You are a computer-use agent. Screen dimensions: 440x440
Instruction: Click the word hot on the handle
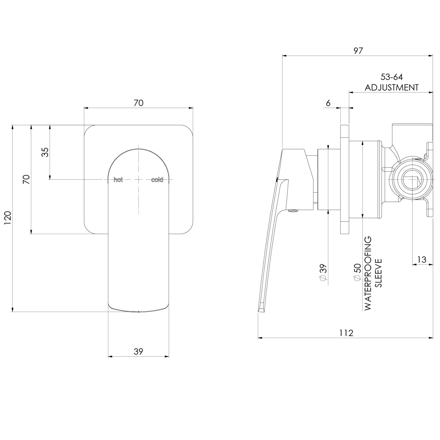[118, 180]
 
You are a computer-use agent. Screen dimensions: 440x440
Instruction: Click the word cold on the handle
[157, 180]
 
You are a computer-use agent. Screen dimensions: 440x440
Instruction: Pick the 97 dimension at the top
[358, 51]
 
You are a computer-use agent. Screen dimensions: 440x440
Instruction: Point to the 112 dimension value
[346, 333]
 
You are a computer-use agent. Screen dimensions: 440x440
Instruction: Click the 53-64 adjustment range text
[392, 77]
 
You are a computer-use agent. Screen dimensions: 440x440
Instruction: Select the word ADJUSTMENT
[392, 87]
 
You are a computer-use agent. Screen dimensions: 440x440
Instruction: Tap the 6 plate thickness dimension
[328, 103]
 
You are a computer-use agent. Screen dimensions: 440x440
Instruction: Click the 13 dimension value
[421, 259]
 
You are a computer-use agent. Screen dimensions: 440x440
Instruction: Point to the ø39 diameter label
[323, 272]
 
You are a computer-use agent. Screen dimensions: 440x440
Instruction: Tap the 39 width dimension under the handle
[138, 351]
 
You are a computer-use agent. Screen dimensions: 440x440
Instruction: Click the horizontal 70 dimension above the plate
[138, 103]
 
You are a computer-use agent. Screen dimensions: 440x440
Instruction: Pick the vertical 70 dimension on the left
[26, 179]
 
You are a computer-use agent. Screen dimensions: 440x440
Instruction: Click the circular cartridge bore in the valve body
[411, 180]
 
